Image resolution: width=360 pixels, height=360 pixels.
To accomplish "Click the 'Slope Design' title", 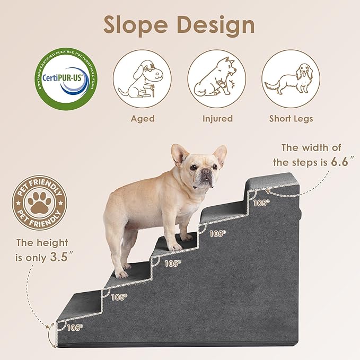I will (x=179, y=25).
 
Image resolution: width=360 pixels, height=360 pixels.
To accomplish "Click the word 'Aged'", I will (x=143, y=118).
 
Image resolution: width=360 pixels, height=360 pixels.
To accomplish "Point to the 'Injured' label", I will (x=217, y=118).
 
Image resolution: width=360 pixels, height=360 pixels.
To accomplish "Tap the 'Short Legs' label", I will (x=291, y=118).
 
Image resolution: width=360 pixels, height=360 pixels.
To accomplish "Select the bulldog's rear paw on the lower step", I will (x=121, y=274).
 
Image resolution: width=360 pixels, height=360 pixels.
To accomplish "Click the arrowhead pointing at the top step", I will (x=267, y=195).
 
